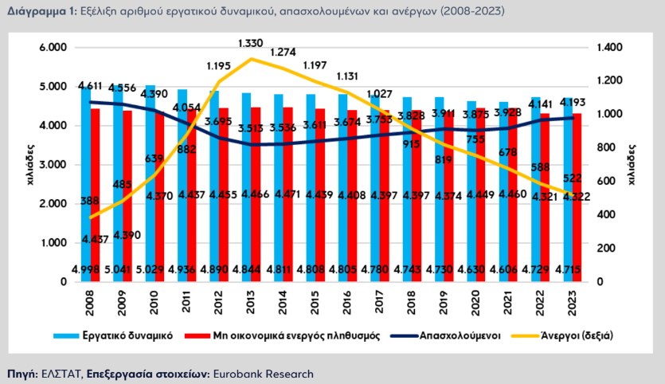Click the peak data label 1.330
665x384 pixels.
(251, 42)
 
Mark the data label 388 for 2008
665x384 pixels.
(88, 201)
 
